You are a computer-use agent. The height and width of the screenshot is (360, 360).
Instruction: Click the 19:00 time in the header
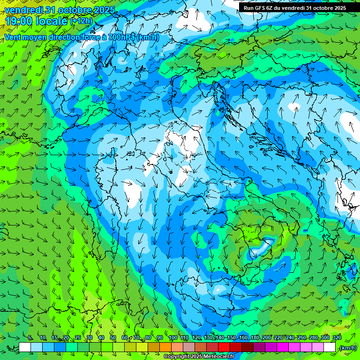coord(21,21)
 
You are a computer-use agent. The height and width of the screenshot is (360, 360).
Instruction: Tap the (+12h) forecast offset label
coord(81,21)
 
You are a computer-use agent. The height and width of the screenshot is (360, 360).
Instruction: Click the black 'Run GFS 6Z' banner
coord(295,7)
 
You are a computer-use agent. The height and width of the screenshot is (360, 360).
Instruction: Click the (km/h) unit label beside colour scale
coord(347,348)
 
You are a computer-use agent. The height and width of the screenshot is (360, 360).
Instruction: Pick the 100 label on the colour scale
coord(173,338)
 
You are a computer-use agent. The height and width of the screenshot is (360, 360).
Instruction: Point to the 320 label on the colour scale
coord(337,338)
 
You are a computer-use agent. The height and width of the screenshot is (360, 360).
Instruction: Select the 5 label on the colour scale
coord(30,338)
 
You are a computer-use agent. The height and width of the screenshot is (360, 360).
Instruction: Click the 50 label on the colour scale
coord(113,338)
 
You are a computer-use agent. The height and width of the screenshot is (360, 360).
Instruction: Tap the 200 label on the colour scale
coord(266,338)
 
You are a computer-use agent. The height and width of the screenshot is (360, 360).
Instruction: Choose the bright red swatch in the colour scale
coord(224,347)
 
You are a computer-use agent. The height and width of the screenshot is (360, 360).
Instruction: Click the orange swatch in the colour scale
coord(165,347)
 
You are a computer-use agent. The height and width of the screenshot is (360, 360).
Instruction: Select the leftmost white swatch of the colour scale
coord(25,347)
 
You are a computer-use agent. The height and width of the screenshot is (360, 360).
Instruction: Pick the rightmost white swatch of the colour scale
coord(330,347)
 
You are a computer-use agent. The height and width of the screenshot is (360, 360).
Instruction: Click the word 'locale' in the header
coord(53,21)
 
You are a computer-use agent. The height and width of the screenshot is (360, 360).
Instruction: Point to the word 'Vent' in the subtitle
coord(14,37)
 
